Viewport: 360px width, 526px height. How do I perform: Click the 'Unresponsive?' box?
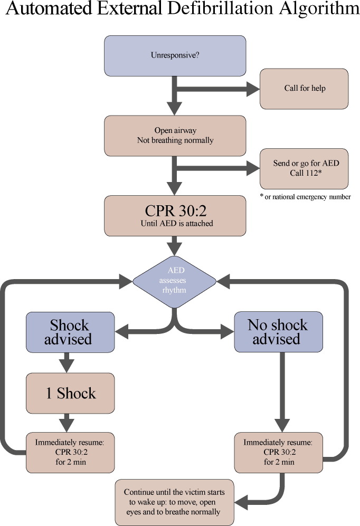click(x=175, y=56)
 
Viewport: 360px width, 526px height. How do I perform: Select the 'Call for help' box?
click(x=304, y=89)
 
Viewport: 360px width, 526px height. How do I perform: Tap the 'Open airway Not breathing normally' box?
click(x=175, y=136)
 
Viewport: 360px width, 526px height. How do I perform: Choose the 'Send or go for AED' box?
click(x=304, y=169)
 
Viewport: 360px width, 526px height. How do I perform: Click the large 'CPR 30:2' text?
click(x=175, y=211)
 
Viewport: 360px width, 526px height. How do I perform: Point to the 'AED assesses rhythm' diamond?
click(x=175, y=281)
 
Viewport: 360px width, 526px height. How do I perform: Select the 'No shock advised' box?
click(x=278, y=332)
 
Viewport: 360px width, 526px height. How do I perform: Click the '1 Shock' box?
click(x=70, y=393)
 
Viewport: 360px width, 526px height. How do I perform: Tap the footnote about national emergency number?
click(x=305, y=197)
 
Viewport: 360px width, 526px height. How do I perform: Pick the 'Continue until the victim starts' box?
click(x=175, y=502)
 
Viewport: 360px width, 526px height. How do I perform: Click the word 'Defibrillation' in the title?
click(x=220, y=8)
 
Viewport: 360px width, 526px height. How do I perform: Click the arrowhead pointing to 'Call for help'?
click(x=253, y=89)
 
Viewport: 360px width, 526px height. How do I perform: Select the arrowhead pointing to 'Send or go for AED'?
click(x=253, y=168)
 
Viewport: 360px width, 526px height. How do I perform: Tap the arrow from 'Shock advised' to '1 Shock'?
click(x=67, y=362)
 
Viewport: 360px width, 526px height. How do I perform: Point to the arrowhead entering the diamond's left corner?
click(x=126, y=281)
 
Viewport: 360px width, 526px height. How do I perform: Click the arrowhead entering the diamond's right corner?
click(x=223, y=281)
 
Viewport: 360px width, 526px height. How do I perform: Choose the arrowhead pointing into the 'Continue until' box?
click(x=241, y=502)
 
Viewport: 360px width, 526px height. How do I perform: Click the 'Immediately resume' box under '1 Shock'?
click(x=70, y=453)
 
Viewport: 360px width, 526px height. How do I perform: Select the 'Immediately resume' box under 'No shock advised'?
click(x=278, y=453)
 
